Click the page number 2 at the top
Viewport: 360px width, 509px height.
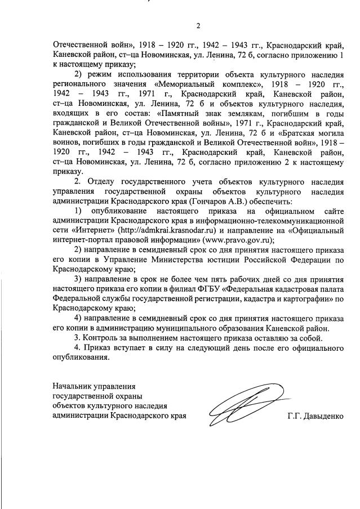pyautogui.click(x=198, y=25)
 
